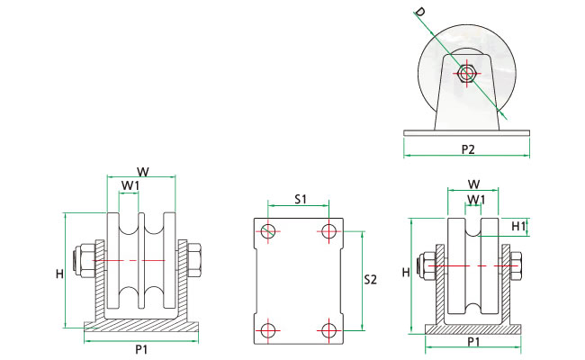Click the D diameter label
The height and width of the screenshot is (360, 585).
[419, 12]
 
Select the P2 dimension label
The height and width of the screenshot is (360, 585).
[467, 148]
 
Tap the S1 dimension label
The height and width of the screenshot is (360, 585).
[301, 198]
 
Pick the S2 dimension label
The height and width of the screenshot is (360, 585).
[369, 280]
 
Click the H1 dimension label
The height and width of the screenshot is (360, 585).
[517, 226]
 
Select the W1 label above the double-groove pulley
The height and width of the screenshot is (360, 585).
[131, 186]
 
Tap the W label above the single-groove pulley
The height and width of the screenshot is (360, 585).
[473, 184]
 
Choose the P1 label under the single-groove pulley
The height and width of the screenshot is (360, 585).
[473, 342]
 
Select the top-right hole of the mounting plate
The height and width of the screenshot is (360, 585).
[329, 232]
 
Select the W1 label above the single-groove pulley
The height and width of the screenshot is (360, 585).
[476, 199]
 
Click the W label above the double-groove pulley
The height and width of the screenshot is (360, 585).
[142, 171]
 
